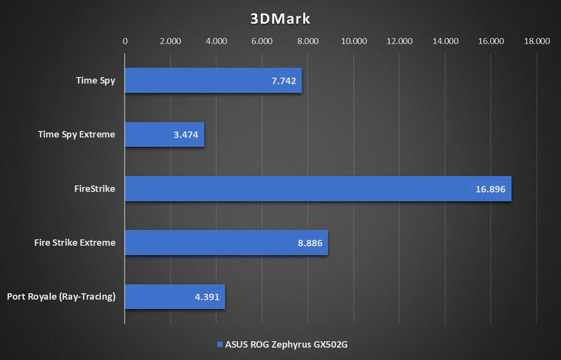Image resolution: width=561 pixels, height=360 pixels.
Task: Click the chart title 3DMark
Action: tap(280, 19)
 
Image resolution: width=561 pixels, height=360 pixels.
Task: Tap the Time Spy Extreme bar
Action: tap(165, 135)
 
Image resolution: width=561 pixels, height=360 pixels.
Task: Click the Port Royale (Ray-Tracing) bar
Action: tap(175, 297)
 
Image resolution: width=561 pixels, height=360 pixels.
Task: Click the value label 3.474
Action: tap(185, 135)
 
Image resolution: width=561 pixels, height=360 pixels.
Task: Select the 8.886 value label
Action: tap(309, 243)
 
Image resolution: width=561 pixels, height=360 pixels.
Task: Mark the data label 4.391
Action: tap(206, 297)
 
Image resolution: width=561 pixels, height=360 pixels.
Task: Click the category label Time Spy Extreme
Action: tap(77, 135)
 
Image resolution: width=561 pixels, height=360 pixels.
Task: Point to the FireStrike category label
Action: tap(95, 189)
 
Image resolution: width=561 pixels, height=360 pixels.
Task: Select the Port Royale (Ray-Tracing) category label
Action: tap(61, 297)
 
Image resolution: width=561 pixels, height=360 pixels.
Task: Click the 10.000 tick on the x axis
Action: tap(354, 42)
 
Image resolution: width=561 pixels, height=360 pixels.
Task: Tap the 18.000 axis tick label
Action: tap(537, 42)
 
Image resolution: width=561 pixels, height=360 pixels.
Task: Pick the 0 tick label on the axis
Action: tap(125, 42)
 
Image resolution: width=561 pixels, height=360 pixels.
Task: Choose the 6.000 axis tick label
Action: tap(262, 42)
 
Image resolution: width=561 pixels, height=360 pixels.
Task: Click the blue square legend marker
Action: tap(220, 345)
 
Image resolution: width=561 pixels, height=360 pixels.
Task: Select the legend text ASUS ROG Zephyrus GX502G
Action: tap(286, 345)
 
